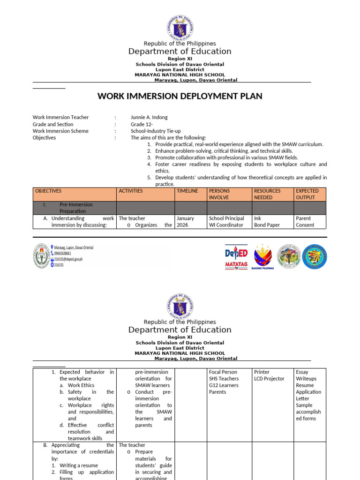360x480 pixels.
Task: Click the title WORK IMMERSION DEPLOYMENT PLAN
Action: click(x=180, y=96)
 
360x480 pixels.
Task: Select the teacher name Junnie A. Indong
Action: click(x=149, y=117)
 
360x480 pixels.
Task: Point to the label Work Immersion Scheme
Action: click(x=60, y=131)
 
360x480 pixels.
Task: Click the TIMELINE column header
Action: click(x=187, y=191)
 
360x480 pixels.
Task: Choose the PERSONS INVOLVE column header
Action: click(x=219, y=194)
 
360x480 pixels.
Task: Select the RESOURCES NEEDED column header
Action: click(x=267, y=194)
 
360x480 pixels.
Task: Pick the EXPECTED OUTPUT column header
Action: click(x=307, y=194)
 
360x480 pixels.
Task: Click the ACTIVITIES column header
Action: click(x=131, y=191)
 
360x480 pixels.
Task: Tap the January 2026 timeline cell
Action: click(x=185, y=222)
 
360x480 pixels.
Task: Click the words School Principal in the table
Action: click(x=226, y=218)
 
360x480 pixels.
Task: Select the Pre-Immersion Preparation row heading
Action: click(x=75, y=208)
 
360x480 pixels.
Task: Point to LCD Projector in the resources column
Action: click(x=269, y=379)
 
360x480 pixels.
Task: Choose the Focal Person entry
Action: click(x=223, y=372)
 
